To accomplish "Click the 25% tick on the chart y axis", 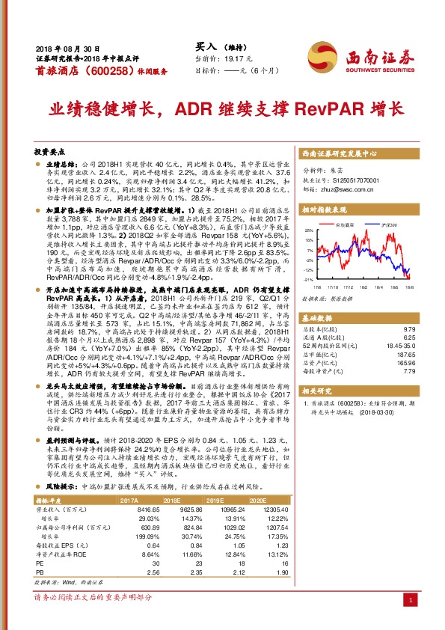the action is (x=309, y=232).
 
